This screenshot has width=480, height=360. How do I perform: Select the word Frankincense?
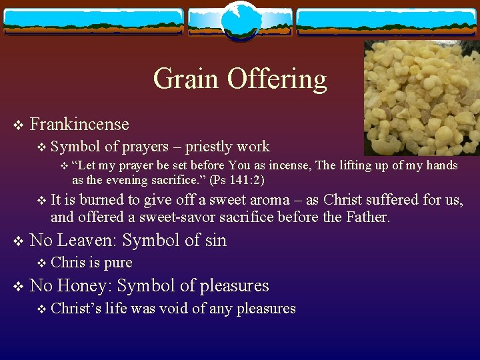pos(79,124)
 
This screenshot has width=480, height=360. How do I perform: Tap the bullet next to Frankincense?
pos(18,125)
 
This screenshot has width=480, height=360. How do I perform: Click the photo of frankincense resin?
pos(421,98)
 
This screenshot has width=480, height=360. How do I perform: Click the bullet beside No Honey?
pos(18,286)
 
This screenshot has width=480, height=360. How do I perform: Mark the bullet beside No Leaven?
pos(18,241)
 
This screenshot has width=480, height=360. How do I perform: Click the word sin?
pos(214,240)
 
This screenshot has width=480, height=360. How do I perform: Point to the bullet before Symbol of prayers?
pos(42,147)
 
